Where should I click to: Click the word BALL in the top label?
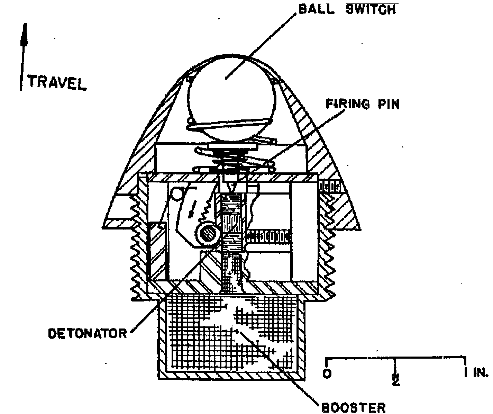[x=317, y=9]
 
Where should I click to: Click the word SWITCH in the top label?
[x=371, y=9]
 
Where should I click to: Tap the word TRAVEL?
[x=57, y=83]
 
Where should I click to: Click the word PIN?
[x=389, y=104]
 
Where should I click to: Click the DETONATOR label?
[x=88, y=334]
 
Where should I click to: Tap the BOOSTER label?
[x=354, y=407]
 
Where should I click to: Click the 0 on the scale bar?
[x=327, y=373]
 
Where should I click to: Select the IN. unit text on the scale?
[x=481, y=373]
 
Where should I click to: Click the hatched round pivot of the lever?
[x=208, y=233]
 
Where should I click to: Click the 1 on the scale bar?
[x=465, y=372]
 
